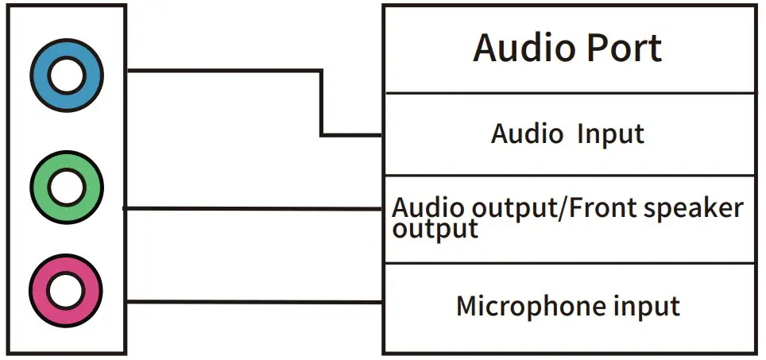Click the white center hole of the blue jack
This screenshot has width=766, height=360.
click(66, 77)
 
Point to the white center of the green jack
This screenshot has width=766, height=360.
click(66, 188)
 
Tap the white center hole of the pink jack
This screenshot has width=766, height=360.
click(66, 292)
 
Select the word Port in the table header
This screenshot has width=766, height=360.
click(625, 48)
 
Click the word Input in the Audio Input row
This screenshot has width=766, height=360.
click(610, 134)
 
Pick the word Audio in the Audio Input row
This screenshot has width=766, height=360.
click(526, 133)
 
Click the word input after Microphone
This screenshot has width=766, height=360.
click(644, 307)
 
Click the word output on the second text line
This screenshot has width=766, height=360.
click(435, 229)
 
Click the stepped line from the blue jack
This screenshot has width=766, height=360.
click(222, 70)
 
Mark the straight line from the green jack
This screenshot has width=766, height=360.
click(254, 209)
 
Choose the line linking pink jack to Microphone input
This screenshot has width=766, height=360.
click(254, 301)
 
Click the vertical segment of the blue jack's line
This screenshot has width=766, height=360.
click(322, 103)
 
